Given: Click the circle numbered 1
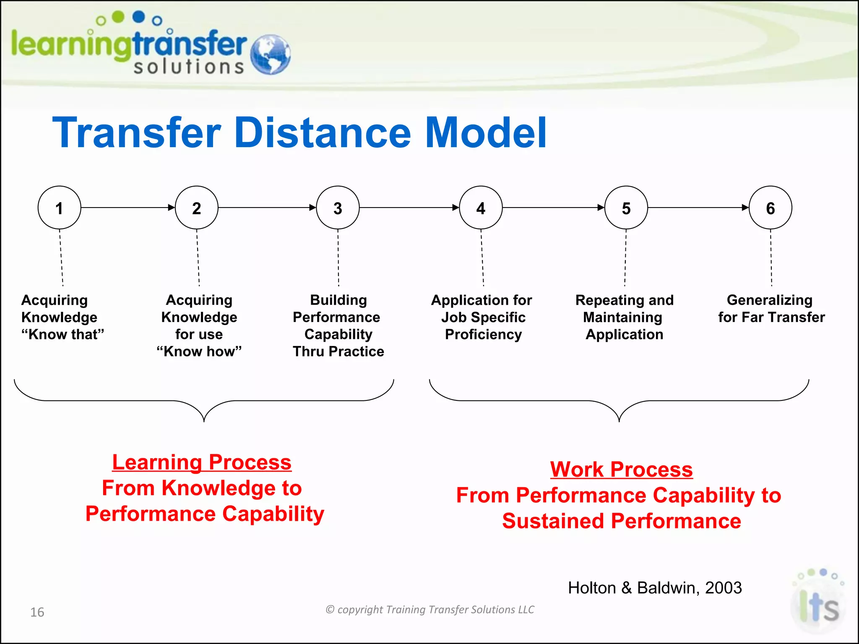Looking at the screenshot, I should click(x=59, y=208).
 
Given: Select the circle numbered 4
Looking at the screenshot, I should click(x=481, y=208).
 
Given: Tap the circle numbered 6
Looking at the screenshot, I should click(x=770, y=208).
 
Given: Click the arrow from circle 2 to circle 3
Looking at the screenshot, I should click(x=267, y=208).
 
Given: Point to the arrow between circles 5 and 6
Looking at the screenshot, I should click(x=698, y=208).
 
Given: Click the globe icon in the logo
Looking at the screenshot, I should click(x=270, y=55).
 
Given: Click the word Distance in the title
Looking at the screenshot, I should click(x=323, y=133).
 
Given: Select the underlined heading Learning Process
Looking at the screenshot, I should click(x=202, y=462).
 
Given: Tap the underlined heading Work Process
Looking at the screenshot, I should click(x=621, y=469).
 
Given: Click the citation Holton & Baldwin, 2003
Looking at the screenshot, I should click(x=655, y=588).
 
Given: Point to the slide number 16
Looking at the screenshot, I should click(x=37, y=612).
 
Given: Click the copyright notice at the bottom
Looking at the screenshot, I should click(x=430, y=610).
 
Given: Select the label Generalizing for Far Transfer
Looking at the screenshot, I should click(x=771, y=309).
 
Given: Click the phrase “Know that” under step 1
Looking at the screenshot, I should click(x=62, y=335).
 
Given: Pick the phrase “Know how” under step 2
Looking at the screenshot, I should click(x=199, y=351).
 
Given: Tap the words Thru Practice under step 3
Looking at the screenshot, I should click(x=338, y=351).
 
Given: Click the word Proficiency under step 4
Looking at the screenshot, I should click(x=483, y=335).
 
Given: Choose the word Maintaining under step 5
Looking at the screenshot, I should click(x=622, y=317).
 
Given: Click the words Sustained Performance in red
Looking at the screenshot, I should click(x=621, y=521).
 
